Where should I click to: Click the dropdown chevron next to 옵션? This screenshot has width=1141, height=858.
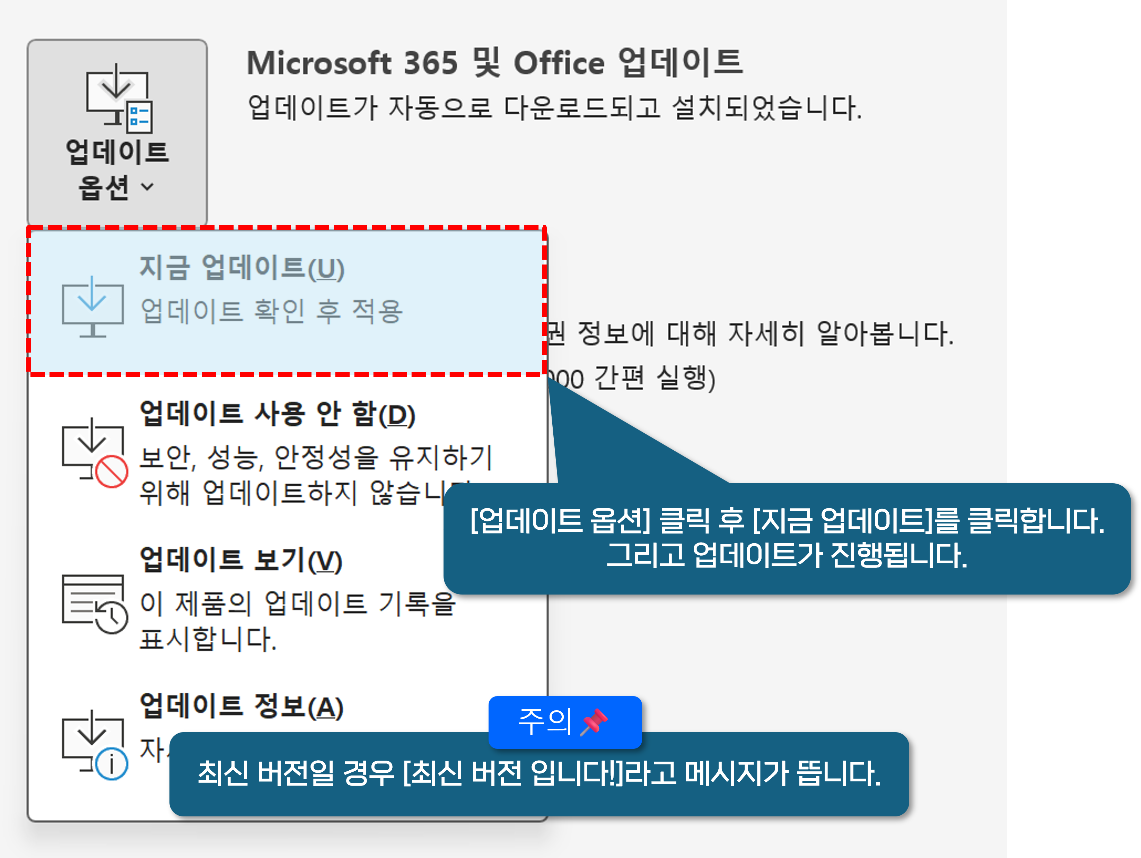tap(148, 187)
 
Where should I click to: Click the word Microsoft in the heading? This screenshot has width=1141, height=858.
tap(319, 63)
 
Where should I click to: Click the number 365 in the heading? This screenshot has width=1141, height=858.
tap(430, 63)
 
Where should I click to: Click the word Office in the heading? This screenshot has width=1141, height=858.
tap(559, 63)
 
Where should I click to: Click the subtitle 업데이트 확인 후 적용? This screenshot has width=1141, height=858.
tap(271, 311)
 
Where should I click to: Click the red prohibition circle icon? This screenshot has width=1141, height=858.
tap(112, 471)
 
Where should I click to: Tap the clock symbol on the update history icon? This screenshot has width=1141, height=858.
tap(112, 616)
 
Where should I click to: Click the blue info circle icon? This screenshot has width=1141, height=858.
tap(112, 764)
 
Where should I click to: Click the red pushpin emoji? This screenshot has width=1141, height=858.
tap(594, 721)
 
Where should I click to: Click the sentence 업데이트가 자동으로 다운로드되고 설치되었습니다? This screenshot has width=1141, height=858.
tap(554, 108)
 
